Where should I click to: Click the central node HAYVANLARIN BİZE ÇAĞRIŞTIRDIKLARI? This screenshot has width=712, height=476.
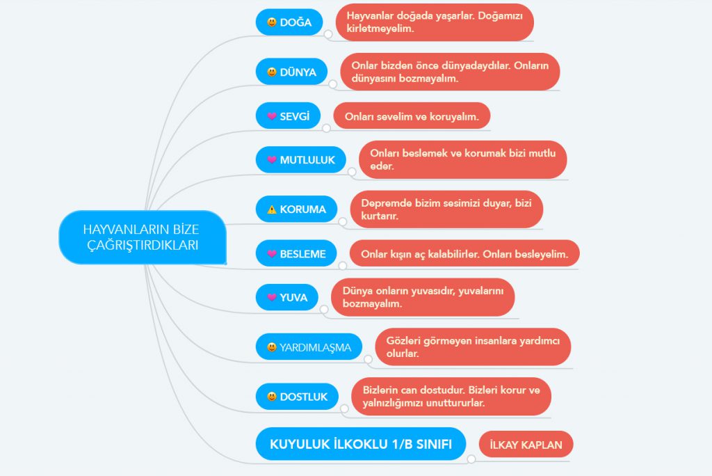143,237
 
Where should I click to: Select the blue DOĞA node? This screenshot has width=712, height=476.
289,22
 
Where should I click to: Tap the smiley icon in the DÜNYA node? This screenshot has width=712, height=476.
272,72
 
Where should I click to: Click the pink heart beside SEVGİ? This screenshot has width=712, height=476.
272,116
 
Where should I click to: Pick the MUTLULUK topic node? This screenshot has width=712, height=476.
300,159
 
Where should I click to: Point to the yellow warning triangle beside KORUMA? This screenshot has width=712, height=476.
272,209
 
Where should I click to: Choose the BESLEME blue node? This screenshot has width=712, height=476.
296,253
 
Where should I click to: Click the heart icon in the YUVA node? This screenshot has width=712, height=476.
272,297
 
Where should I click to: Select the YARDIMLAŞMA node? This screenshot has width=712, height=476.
309,347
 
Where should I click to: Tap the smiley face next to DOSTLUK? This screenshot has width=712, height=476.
272,397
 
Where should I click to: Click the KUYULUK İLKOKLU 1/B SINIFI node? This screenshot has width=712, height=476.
361,444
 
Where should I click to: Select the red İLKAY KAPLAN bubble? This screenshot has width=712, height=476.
526,445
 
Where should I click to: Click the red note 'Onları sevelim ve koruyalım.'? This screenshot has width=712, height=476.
412,116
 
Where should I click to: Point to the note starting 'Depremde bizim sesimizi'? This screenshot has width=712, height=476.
446,209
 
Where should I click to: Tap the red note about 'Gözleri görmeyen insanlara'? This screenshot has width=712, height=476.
473,347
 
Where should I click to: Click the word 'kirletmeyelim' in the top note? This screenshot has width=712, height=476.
380,29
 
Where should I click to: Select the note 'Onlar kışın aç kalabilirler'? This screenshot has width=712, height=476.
464,253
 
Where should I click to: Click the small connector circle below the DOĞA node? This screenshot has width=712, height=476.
328,34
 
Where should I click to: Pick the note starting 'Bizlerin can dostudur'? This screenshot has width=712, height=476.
451,397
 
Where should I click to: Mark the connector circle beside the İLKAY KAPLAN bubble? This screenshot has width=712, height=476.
471,459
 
